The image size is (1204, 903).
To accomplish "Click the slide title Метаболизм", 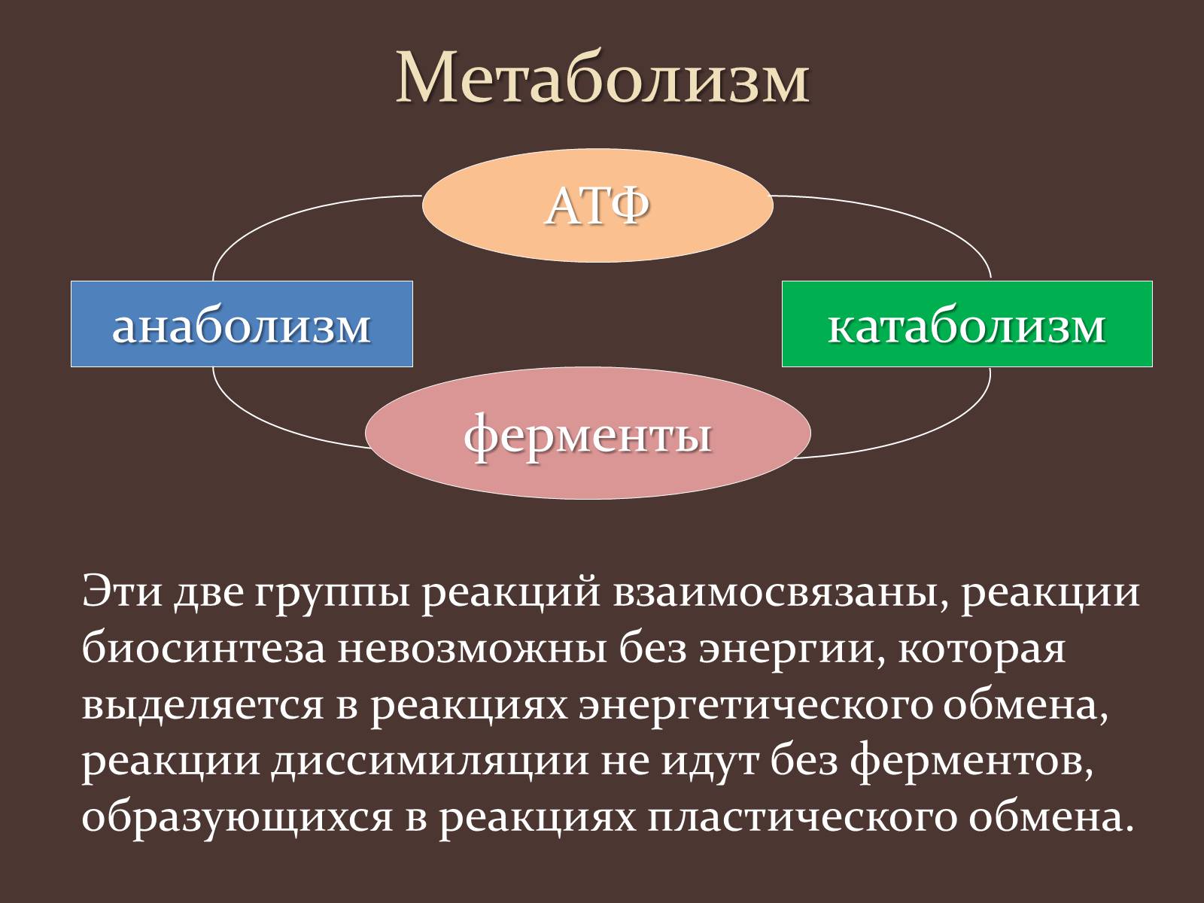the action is point(602,77).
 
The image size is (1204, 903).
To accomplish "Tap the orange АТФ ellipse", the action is point(597,205).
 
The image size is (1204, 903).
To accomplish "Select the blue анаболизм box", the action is point(242,324).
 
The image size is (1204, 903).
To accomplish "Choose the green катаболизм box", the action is point(967,324).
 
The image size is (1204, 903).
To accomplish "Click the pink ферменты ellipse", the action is point(588,433).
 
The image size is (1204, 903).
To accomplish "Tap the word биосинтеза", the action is point(203,649).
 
